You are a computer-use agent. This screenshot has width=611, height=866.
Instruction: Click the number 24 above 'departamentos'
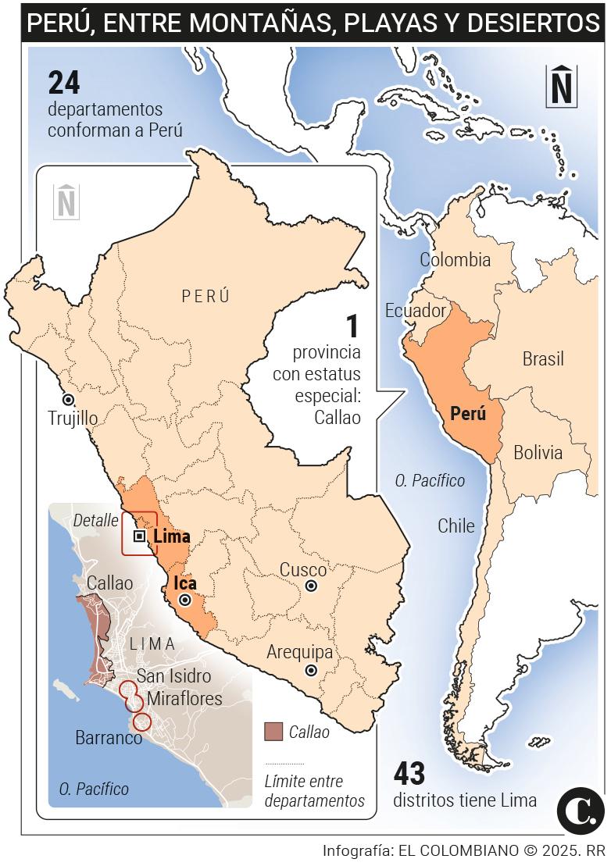[x=64, y=84]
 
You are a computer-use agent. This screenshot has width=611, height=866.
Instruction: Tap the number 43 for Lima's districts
[x=409, y=774]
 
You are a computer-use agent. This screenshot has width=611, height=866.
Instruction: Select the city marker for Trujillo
[x=69, y=399]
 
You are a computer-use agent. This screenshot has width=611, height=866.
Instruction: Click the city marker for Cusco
[x=311, y=586]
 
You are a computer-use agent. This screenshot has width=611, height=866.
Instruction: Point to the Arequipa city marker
[x=311, y=670]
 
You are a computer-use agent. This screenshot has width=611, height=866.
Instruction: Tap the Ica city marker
[x=185, y=600]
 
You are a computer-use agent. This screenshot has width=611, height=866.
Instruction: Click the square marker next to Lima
[x=139, y=536]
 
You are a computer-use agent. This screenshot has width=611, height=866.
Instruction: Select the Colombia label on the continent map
[x=455, y=260]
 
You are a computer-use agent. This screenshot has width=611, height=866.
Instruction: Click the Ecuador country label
[x=415, y=310]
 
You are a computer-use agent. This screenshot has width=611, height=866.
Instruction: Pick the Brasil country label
[x=543, y=359]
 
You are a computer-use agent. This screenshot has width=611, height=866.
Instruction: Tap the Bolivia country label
[x=538, y=452]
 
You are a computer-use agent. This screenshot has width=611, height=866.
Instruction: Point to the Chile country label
[x=456, y=526]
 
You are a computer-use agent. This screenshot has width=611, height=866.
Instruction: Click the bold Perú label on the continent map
[x=468, y=414]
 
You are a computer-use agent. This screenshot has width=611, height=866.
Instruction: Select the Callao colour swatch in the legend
[x=273, y=732]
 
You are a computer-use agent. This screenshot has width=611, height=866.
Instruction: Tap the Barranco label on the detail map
[x=109, y=737]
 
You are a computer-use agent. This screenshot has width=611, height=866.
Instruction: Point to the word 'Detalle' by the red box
[x=95, y=520]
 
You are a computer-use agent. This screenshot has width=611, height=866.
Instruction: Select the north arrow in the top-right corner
[x=562, y=86]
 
